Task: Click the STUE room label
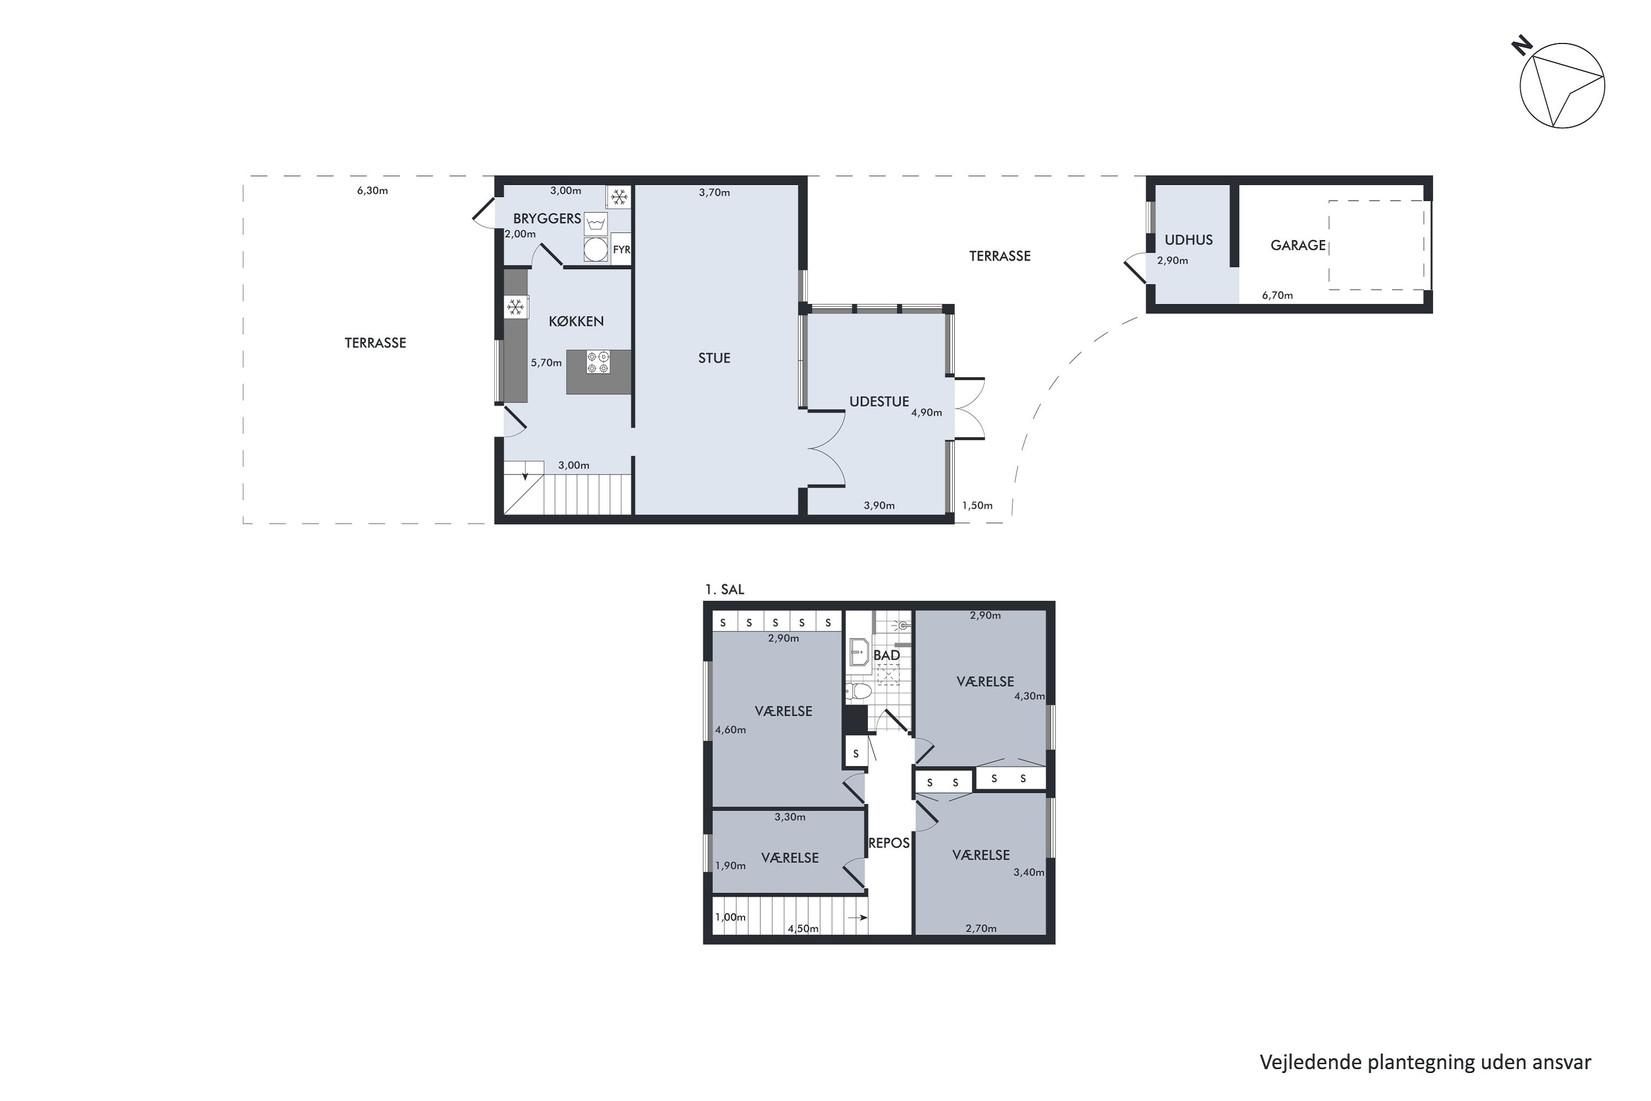click(x=714, y=358)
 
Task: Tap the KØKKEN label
click(x=576, y=321)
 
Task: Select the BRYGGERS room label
click(x=547, y=219)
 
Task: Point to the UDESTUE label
click(x=879, y=402)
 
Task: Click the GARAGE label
click(x=1298, y=245)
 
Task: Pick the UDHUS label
click(x=1188, y=239)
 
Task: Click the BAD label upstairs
click(x=887, y=655)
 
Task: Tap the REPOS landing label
click(x=889, y=843)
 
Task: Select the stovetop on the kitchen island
click(x=598, y=362)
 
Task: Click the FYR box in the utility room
click(x=621, y=249)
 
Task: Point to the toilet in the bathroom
click(x=858, y=691)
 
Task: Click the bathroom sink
click(x=859, y=652)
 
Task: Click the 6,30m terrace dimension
click(x=372, y=190)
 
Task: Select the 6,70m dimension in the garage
click(x=1277, y=295)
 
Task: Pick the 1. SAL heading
click(x=724, y=590)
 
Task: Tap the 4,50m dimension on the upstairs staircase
click(x=803, y=928)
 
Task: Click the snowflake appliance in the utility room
click(x=619, y=197)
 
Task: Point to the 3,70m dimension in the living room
click(x=714, y=192)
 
